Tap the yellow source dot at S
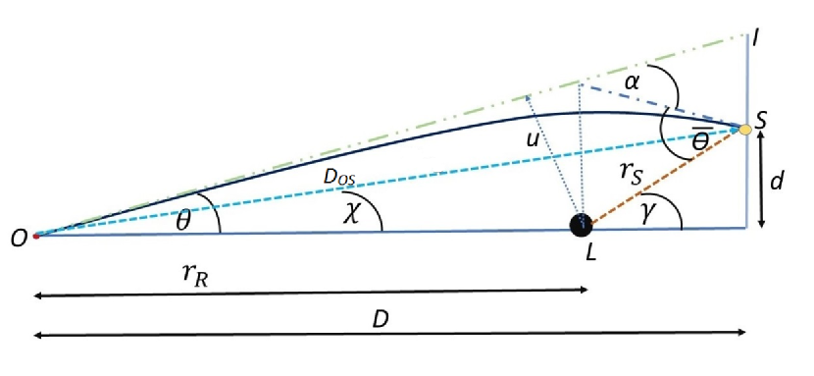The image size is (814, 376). pos(745,129)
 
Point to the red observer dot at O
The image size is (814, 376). pos(35,236)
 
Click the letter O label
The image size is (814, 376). pos(18,237)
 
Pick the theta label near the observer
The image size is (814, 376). pos(182,220)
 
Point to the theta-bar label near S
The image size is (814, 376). pos(700,140)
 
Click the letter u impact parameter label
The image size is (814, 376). pos(533,140)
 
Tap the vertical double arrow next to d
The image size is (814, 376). pos(761,180)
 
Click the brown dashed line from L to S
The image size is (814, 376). pos(667,176)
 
